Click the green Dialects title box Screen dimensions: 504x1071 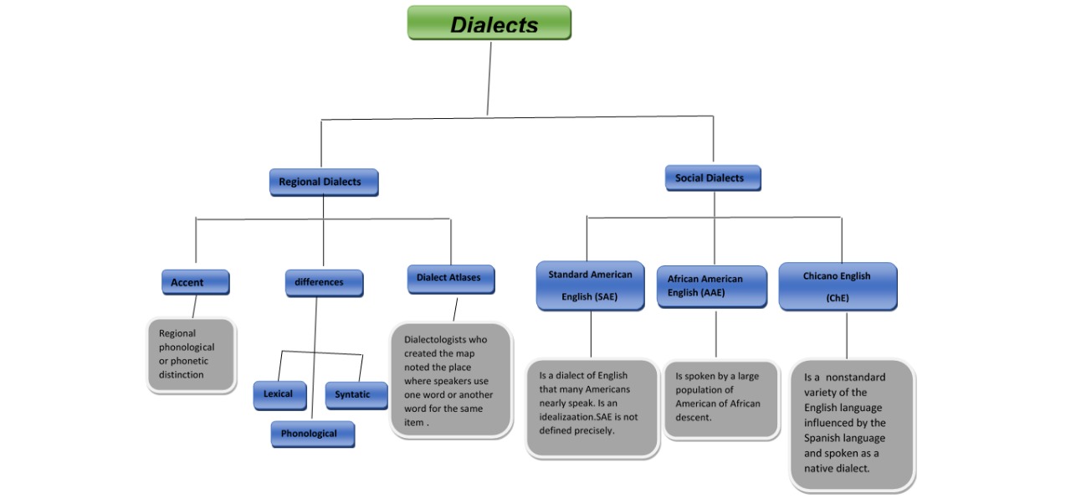(x=489, y=23)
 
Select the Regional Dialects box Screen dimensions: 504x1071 (x=323, y=182)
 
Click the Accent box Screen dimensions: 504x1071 (x=195, y=282)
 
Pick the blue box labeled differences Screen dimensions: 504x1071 (x=323, y=282)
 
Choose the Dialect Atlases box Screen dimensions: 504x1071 (x=450, y=278)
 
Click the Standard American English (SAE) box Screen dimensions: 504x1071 (x=590, y=285)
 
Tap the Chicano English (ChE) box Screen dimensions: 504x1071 (x=837, y=286)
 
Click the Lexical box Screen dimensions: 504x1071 (x=279, y=394)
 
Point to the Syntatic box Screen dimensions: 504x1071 (x=356, y=395)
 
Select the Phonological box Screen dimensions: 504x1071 (x=311, y=434)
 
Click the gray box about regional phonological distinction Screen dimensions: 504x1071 (x=191, y=354)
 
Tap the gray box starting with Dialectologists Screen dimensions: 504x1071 (x=450, y=381)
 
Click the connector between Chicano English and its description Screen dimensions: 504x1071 (x=847, y=335)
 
